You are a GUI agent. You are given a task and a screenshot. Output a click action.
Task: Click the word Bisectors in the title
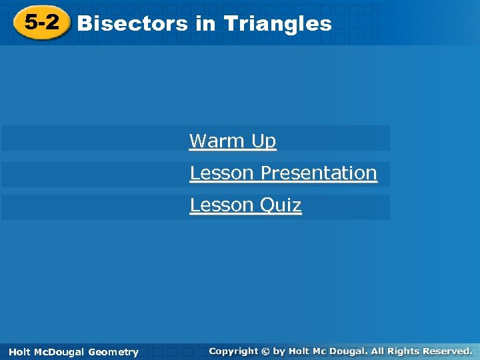click(x=133, y=24)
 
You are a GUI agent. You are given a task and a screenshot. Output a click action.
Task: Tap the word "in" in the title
click(x=205, y=24)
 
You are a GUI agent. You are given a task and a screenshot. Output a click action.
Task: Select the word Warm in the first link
click(x=216, y=141)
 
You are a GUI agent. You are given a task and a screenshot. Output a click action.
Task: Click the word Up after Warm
click(x=263, y=141)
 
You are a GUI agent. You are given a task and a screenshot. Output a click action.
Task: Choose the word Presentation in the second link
click(x=319, y=173)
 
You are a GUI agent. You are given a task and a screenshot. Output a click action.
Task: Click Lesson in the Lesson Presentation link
click(x=221, y=173)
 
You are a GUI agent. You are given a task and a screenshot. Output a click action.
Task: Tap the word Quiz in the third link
click(x=281, y=205)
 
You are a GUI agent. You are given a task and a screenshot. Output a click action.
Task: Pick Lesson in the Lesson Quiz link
click(x=221, y=205)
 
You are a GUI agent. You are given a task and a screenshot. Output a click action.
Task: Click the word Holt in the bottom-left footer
click(x=19, y=352)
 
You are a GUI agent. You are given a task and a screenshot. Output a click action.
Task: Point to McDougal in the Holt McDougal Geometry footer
click(x=59, y=352)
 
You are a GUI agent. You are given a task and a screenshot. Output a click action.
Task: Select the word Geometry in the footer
click(x=113, y=352)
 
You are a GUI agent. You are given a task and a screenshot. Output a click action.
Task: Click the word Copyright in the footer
click(x=233, y=351)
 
